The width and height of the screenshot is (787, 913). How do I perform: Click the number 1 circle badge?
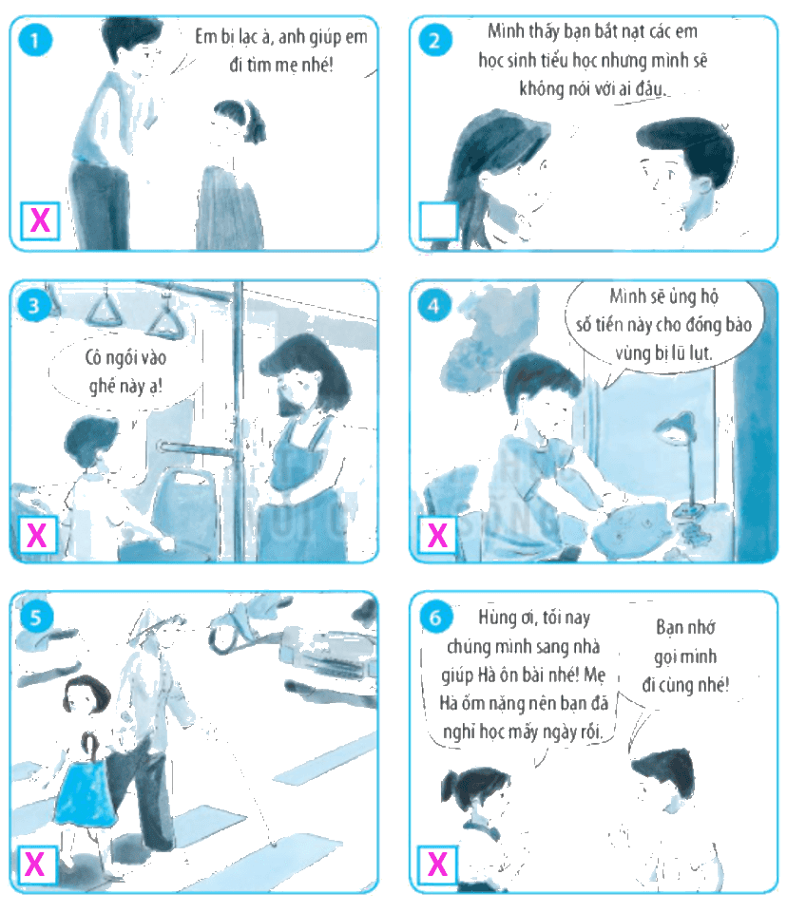coord(35,40)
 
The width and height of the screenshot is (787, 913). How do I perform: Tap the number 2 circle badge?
coord(434,40)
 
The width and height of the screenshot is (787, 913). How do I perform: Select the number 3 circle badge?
coord(34,305)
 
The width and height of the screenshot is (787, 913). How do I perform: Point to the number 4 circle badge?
coord(434,305)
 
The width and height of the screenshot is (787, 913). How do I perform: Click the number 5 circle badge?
coord(35,617)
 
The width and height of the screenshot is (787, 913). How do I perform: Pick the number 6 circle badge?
coord(435,617)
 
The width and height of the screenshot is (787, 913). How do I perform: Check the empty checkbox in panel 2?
coord(438,220)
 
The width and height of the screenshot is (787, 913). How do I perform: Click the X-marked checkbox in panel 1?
coord(40,220)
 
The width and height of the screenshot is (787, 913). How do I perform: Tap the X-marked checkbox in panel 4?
coord(437,535)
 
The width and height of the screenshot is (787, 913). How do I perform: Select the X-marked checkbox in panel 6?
coord(437,865)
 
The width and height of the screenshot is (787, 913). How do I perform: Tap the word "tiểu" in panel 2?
coord(562,61)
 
